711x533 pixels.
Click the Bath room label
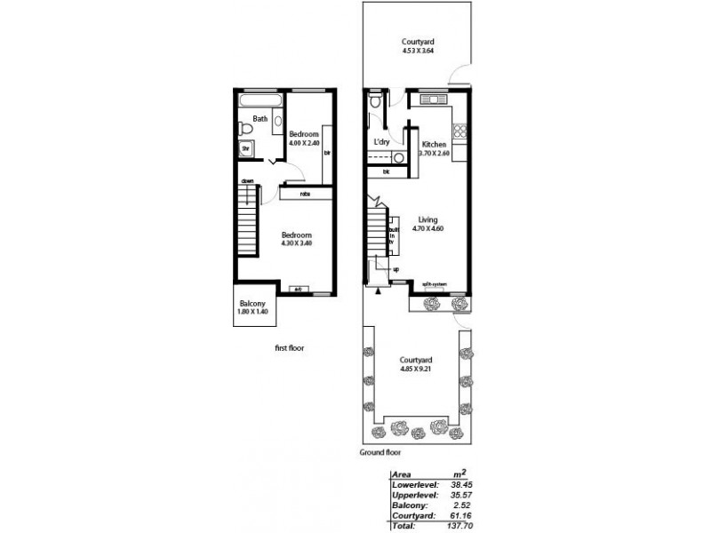click(260, 119)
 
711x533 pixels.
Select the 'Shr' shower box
click(246, 150)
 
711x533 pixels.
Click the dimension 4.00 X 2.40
click(304, 143)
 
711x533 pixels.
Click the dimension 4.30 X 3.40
click(296, 243)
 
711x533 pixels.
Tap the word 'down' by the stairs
click(248, 181)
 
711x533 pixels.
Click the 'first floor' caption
click(290, 348)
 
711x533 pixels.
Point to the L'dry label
click(382, 143)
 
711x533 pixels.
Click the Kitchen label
click(434, 144)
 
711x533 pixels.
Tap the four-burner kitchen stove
click(460, 131)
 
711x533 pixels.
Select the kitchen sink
click(431, 98)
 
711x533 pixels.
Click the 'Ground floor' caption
click(381, 452)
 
